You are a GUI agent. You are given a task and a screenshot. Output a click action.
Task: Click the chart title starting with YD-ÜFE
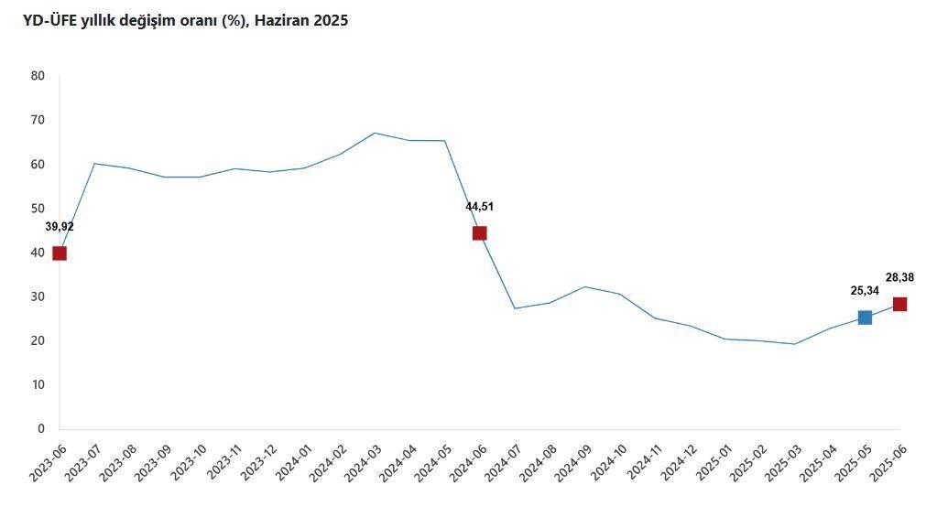185,20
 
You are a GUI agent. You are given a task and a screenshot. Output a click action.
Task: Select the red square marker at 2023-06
60,253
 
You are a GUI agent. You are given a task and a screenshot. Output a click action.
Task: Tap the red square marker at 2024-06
479,233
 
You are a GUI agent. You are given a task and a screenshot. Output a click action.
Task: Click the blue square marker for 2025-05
865,318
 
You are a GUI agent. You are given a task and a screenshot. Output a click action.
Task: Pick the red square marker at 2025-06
899,305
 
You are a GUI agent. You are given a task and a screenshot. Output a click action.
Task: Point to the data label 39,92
60,227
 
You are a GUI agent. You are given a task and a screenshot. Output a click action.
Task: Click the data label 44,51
479,207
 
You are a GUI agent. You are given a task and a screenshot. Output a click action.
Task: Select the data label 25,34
865,291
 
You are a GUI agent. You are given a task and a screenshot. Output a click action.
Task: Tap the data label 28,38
899,278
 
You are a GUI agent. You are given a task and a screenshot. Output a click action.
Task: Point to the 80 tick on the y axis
38,76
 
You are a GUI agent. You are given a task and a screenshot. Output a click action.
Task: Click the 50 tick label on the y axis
38,209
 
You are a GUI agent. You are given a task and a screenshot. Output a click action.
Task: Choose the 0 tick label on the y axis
41,429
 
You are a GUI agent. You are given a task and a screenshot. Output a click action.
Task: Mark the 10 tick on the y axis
38,385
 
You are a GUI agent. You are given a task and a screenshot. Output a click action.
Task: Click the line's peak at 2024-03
375,133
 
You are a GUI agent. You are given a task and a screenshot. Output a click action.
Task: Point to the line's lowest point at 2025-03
794,344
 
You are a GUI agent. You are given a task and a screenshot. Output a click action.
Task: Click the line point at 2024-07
515,308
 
